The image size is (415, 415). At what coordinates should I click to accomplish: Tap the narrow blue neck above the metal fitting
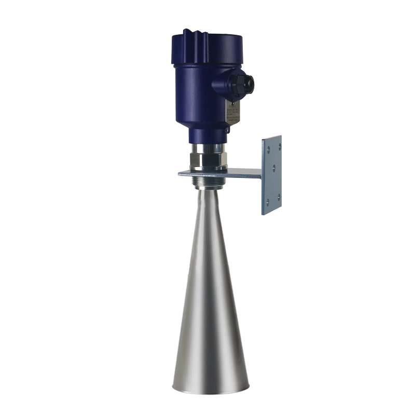pyautogui.click(x=208, y=136)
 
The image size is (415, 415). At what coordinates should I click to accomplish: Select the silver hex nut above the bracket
pyautogui.click(x=208, y=161)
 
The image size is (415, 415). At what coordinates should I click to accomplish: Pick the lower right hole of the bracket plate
pyautogui.click(x=278, y=196)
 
